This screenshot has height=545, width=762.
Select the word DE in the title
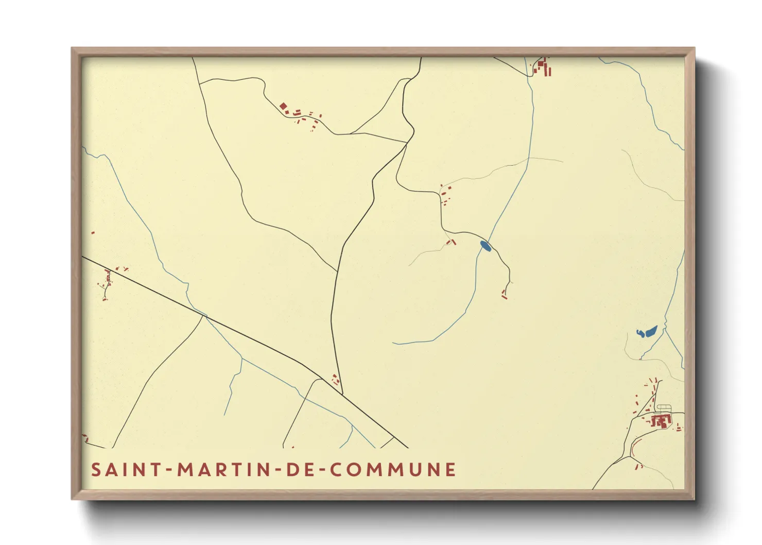point(301,470)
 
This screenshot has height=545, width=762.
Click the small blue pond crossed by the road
point(485,246)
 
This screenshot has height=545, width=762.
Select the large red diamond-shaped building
point(283,107)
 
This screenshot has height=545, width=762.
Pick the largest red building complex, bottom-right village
point(661,421)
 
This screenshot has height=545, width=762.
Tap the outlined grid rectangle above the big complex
point(664,408)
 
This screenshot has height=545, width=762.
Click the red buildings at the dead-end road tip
point(504,294)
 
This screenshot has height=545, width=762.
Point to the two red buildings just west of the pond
point(452,241)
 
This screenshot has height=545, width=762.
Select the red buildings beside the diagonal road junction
point(336,380)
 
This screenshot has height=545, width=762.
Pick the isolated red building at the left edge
point(93,233)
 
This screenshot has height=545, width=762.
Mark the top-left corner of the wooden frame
point(72,48)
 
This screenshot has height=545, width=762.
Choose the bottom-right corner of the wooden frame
point(694,499)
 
